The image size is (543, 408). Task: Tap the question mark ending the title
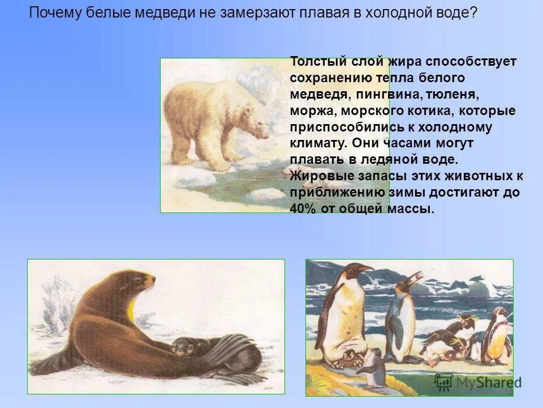[x=473, y=12]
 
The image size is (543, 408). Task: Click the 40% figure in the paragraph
[x=303, y=209]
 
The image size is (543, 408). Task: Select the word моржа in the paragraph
[x=308, y=110]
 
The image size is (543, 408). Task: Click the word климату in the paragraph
[x=314, y=143]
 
